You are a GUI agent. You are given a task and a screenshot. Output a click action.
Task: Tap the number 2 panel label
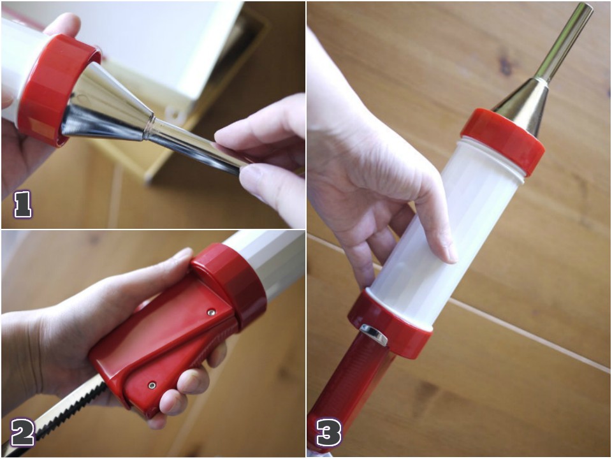(23, 432)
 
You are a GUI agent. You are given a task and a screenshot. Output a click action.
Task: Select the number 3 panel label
(328, 433)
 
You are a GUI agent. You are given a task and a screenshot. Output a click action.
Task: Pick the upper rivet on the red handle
(211, 312)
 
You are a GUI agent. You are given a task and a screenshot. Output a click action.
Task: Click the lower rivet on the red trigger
(152, 386)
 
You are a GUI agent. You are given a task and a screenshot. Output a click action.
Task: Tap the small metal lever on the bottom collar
(374, 333)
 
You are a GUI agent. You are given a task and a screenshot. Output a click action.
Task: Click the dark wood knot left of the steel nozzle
(506, 64)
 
